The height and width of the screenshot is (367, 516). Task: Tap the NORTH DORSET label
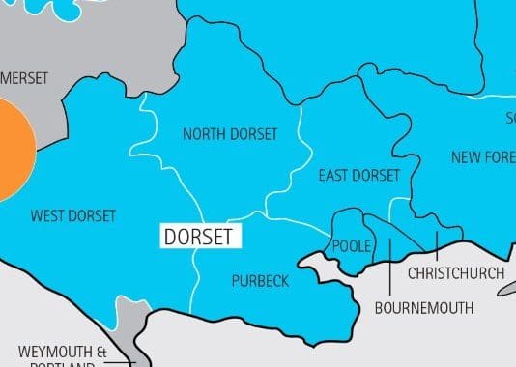(230, 134)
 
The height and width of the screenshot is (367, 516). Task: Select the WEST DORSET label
(73, 215)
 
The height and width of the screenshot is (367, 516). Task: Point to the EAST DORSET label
(358, 176)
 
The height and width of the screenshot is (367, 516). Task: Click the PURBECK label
(260, 281)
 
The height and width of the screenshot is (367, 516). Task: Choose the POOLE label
(351, 247)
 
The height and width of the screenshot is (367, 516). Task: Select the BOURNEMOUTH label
(424, 309)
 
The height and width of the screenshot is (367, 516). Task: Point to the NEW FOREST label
(483, 156)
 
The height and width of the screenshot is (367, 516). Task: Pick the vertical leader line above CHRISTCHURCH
(436, 246)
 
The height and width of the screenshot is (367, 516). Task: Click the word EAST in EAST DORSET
(334, 176)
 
